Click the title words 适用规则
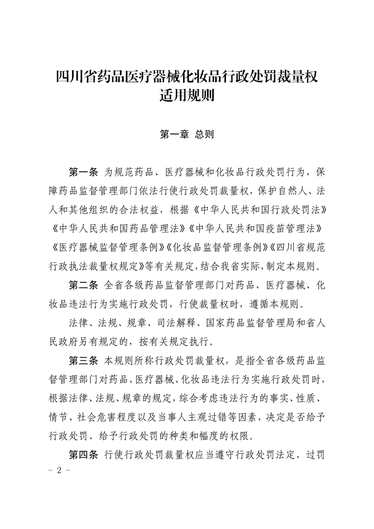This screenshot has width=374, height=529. tap(187, 97)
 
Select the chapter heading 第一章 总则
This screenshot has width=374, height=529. tap(187, 134)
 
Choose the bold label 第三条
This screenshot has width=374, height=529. tap(83, 361)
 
